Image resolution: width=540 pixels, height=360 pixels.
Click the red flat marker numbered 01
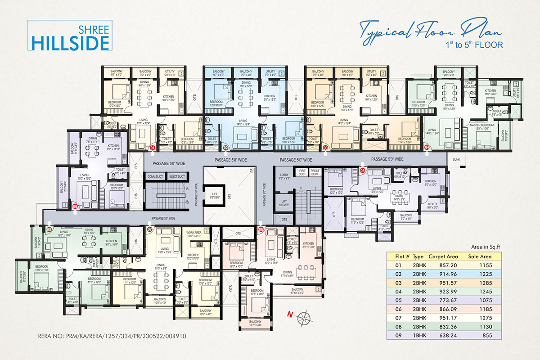pos(153,147)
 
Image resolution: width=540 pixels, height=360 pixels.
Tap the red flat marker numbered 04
pos(427,147)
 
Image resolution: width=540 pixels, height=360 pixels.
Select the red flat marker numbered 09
pos(75,206)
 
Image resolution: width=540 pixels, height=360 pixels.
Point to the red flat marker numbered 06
pos(261,229)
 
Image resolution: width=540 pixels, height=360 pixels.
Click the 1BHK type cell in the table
pos(419,336)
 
